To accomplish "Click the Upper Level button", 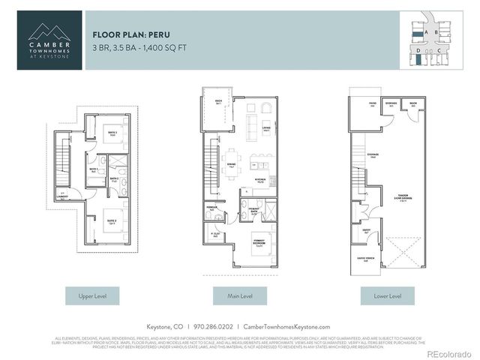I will [93, 296].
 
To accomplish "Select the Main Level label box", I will [239, 296].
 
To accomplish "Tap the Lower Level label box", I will [386, 296].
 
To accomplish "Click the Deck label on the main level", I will [218, 102].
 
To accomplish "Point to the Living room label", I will [266, 128].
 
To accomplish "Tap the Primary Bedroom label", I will [260, 244].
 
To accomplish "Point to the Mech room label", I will [413, 106].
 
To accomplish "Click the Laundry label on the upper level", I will [64, 197].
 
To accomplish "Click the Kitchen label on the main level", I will [262, 181].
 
